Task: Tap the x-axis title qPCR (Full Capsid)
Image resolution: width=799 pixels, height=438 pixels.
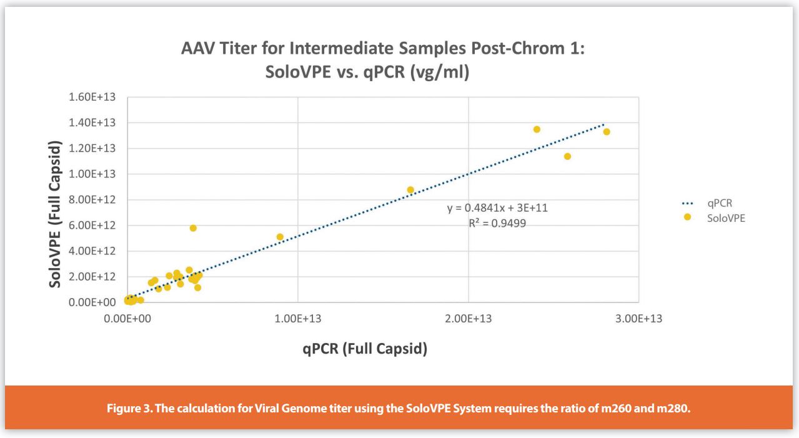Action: (x=365, y=349)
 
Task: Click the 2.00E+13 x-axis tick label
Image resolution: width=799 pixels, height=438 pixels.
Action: (x=468, y=319)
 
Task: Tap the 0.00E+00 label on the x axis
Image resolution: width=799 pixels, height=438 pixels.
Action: (x=127, y=319)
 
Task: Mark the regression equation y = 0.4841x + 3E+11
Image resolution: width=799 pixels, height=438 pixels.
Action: (x=497, y=208)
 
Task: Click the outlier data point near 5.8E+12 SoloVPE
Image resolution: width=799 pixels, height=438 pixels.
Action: (x=193, y=228)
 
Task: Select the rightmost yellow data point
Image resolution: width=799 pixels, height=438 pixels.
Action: (x=606, y=132)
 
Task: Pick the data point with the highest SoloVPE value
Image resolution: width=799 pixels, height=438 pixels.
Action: (x=537, y=129)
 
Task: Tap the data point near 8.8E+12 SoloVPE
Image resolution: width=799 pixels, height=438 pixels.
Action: (x=410, y=190)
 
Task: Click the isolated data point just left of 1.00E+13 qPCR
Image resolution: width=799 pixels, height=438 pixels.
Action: (x=280, y=237)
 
